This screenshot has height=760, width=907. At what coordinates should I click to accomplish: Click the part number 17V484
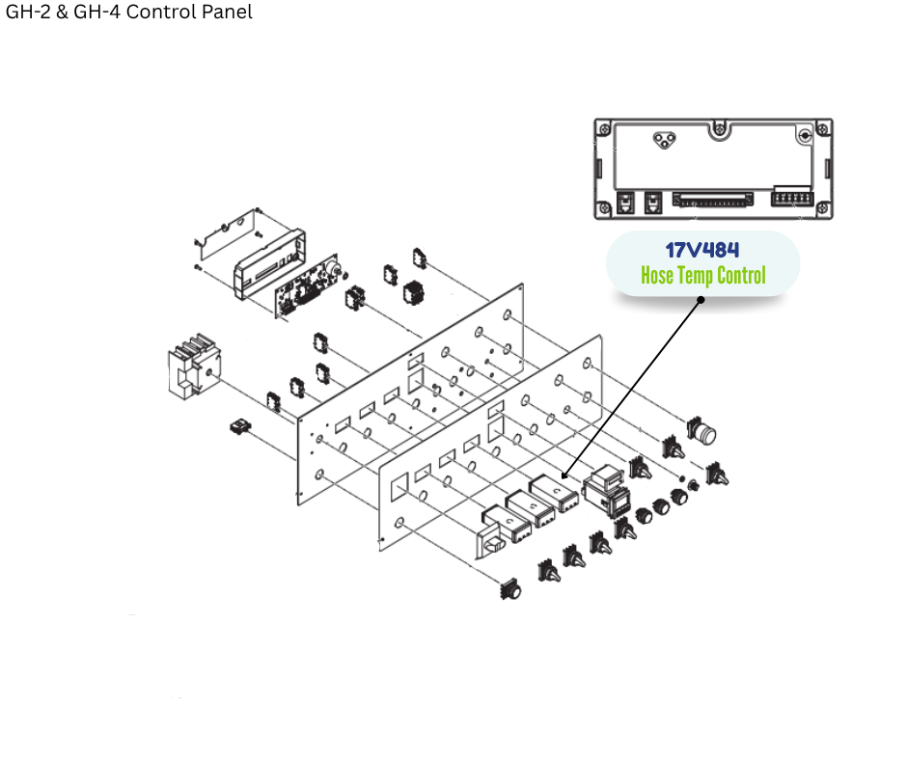click(702, 251)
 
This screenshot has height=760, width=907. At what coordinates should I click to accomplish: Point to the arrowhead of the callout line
click(563, 476)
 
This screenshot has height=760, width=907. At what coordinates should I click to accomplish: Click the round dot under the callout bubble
click(701, 299)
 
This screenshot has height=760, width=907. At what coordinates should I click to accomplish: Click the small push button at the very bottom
click(510, 589)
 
